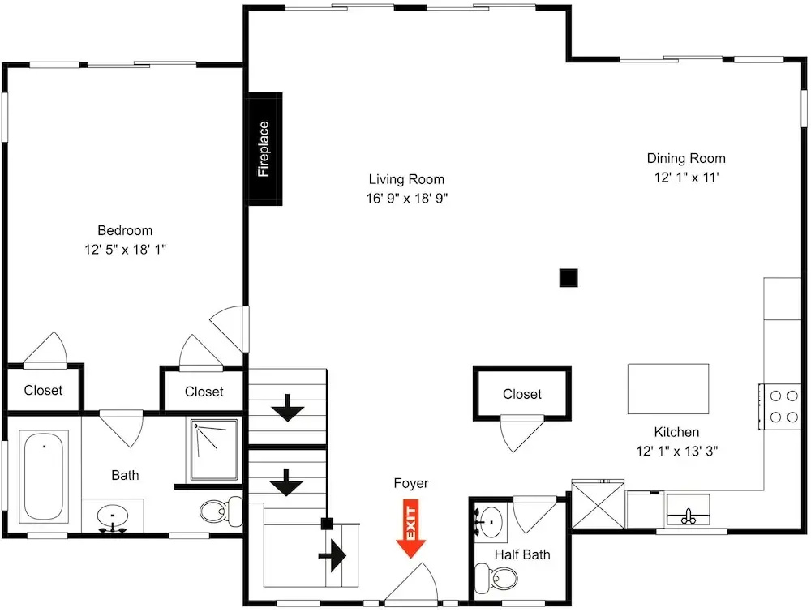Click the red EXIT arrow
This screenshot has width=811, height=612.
(x=410, y=529)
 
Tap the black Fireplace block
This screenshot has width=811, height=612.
(x=265, y=149)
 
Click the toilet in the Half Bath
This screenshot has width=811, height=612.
(x=496, y=578)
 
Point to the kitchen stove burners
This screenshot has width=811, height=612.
(x=783, y=406)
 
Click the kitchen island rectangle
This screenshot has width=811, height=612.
(x=668, y=389)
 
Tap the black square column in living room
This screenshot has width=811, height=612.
(x=569, y=277)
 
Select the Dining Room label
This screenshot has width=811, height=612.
(x=686, y=158)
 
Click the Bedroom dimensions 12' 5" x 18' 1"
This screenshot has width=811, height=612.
(x=125, y=250)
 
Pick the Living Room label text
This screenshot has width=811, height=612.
(x=406, y=179)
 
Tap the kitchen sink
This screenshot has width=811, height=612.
(x=688, y=509)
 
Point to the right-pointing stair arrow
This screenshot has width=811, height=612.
(x=332, y=555)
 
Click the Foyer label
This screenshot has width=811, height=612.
(x=411, y=483)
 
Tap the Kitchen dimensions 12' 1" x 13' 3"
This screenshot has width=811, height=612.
(x=677, y=452)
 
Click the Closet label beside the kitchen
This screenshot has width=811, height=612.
(x=521, y=395)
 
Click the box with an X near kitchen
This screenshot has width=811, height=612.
(x=598, y=504)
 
